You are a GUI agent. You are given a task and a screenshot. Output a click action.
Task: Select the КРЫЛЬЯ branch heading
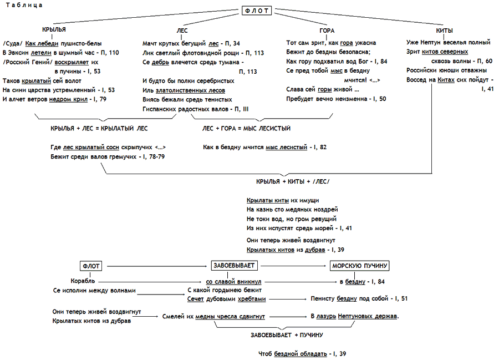pos(54,30)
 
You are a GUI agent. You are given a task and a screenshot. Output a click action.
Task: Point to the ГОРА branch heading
pos(327,31)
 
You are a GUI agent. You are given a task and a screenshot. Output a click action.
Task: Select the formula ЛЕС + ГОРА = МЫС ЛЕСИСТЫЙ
pos(246,128)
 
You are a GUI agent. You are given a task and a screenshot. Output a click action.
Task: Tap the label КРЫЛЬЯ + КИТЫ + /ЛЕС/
pos(292,181)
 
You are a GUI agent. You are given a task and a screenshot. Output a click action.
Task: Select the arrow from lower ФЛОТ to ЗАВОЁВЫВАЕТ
pos(155,266)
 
